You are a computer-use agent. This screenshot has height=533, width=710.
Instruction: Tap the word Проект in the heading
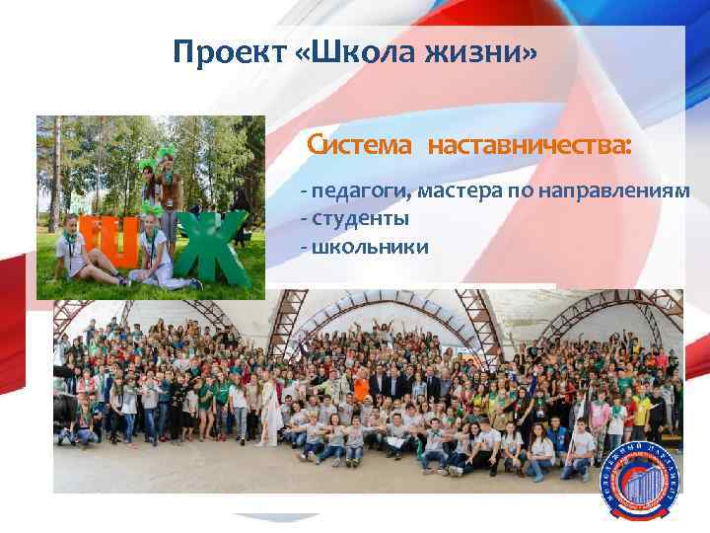pos(229,51)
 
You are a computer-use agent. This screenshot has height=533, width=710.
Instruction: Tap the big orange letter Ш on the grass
pos(108,242)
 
